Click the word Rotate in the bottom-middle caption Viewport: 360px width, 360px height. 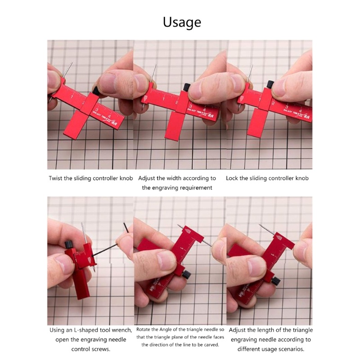pyautogui.click(x=146, y=330)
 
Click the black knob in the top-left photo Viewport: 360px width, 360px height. pyautogui.click(x=95, y=90)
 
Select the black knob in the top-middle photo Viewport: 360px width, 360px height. pyautogui.click(x=186, y=86)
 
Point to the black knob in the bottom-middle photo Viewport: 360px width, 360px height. pyautogui.click(x=186, y=274)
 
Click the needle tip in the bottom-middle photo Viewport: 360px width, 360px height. pyautogui.click(x=178, y=225)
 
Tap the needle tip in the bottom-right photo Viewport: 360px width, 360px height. pyautogui.click(x=260, y=225)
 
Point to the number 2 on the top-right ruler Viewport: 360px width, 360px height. pyautogui.click(x=273, y=104)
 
